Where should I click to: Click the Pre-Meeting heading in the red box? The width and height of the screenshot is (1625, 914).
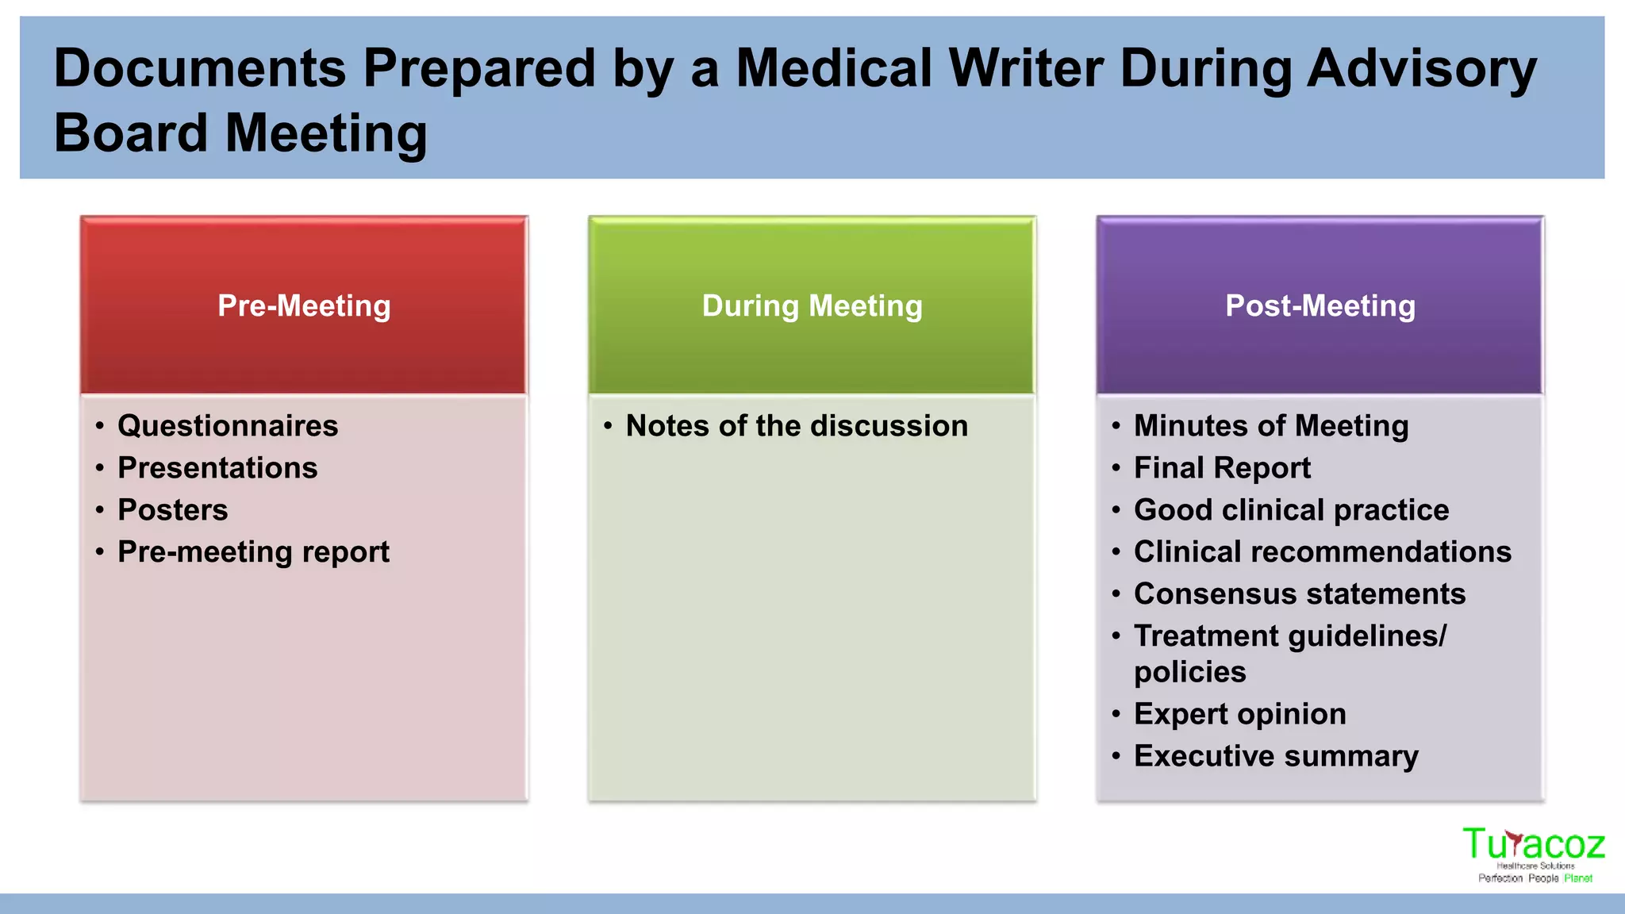pyautogui.click(x=304, y=306)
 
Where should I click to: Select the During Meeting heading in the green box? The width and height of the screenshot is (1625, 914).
pyautogui.click(x=812, y=306)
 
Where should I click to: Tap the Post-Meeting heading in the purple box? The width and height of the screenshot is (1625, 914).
pyautogui.click(x=1320, y=306)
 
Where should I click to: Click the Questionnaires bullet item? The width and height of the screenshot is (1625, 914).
pyautogui.click(x=228, y=426)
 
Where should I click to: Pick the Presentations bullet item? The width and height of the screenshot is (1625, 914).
pyautogui.click(x=217, y=468)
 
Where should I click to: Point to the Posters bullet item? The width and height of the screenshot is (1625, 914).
pyautogui.click(x=173, y=510)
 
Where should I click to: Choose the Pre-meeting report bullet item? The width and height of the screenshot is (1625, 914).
pyautogui.click(x=253, y=552)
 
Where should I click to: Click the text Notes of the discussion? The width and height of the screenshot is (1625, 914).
pyautogui.click(x=797, y=426)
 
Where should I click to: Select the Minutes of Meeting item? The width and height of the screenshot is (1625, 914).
pyautogui.click(x=1271, y=426)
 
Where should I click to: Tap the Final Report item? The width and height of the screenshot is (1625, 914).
pyautogui.click(x=1222, y=468)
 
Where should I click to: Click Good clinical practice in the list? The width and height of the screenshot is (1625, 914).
pyautogui.click(x=1291, y=510)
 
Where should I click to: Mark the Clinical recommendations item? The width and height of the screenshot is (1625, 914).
pyautogui.click(x=1322, y=552)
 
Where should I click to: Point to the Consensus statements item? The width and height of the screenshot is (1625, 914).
pyautogui.click(x=1299, y=594)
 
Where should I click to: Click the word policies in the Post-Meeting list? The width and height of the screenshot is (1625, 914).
pyautogui.click(x=1189, y=673)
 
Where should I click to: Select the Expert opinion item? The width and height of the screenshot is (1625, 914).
pyautogui.click(x=1239, y=714)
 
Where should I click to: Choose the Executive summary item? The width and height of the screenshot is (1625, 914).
pyautogui.click(x=1276, y=756)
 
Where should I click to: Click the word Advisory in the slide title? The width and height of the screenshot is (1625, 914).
pyautogui.click(x=1421, y=68)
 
